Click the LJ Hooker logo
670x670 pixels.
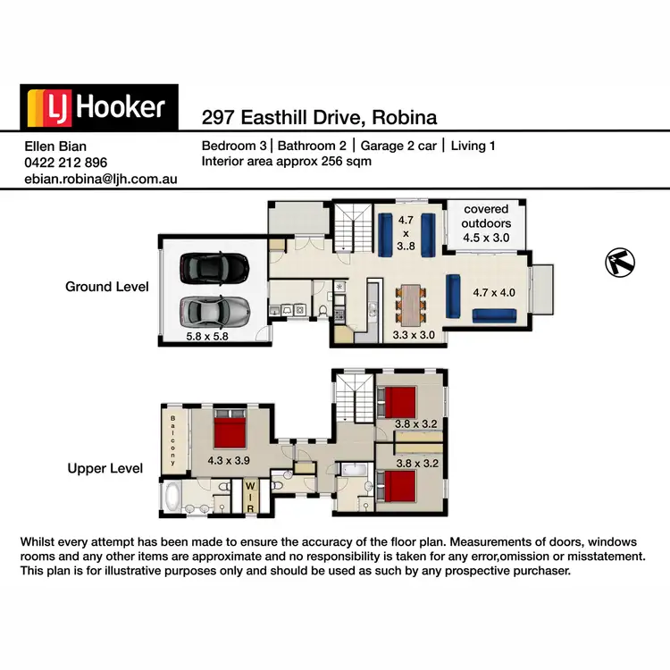pyautogui.click(x=99, y=107)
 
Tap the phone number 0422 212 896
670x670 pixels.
pyautogui.click(x=65, y=163)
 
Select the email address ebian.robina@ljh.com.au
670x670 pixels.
pyautogui.click(x=100, y=179)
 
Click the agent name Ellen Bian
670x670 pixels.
pyautogui.click(x=56, y=147)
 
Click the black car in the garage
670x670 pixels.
pyautogui.click(x=214, y=266)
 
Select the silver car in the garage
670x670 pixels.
pyautogui.click(x=214, y=310)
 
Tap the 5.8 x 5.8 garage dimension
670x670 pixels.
pyautogui.click(x=208, y=338)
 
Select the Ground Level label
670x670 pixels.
pyautogui.click(x=106, y=287)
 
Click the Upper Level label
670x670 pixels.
pyautogui.click(x=105, y=468)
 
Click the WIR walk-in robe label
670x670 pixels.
pyautogui.click(x=250, y=498)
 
